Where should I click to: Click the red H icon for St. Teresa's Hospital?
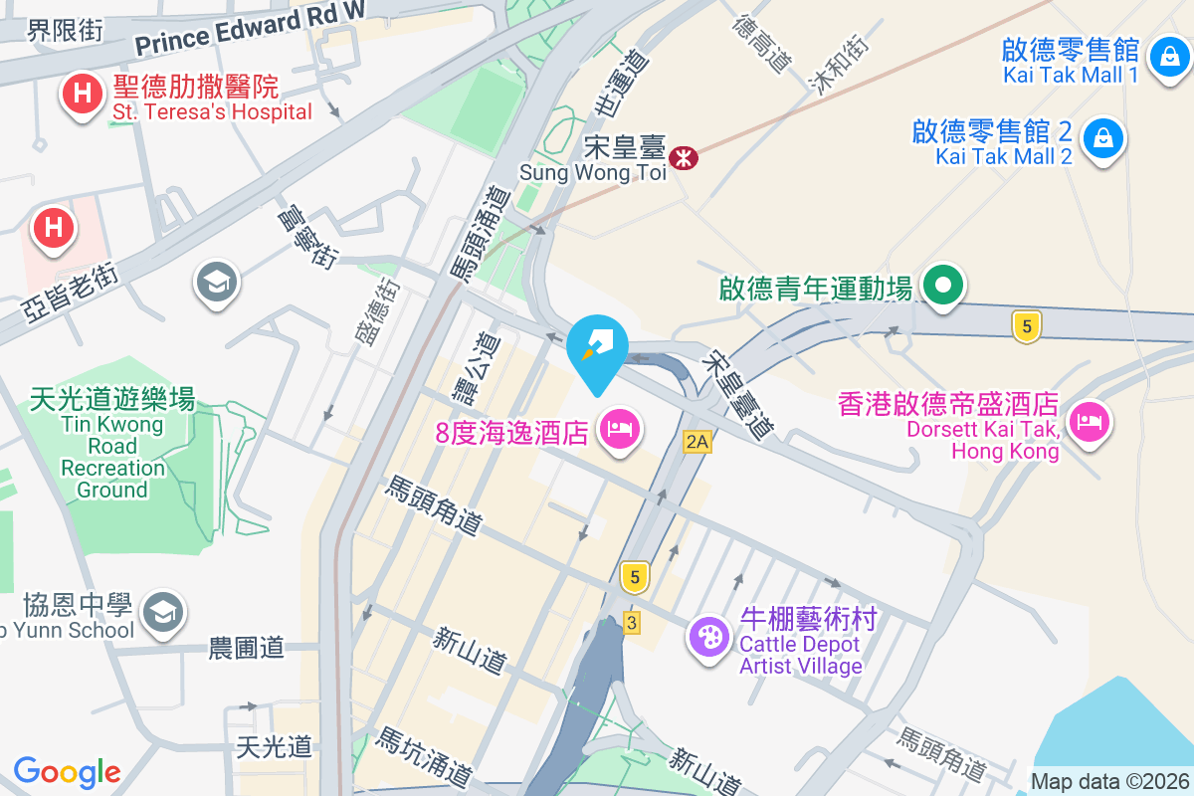83,96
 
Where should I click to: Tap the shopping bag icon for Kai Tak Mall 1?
1164,58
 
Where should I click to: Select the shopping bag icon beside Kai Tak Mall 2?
1102,138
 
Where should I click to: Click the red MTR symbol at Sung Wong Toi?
684,156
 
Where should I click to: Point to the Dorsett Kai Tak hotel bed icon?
1091,421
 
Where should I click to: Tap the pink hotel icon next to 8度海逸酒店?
621,431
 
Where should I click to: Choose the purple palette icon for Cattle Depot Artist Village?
710,636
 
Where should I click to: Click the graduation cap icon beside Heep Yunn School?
162,610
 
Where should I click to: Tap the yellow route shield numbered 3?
631,623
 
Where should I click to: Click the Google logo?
67,771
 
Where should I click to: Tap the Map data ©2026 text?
1108,782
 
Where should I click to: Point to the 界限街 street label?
65,31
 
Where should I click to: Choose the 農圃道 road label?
247,649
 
